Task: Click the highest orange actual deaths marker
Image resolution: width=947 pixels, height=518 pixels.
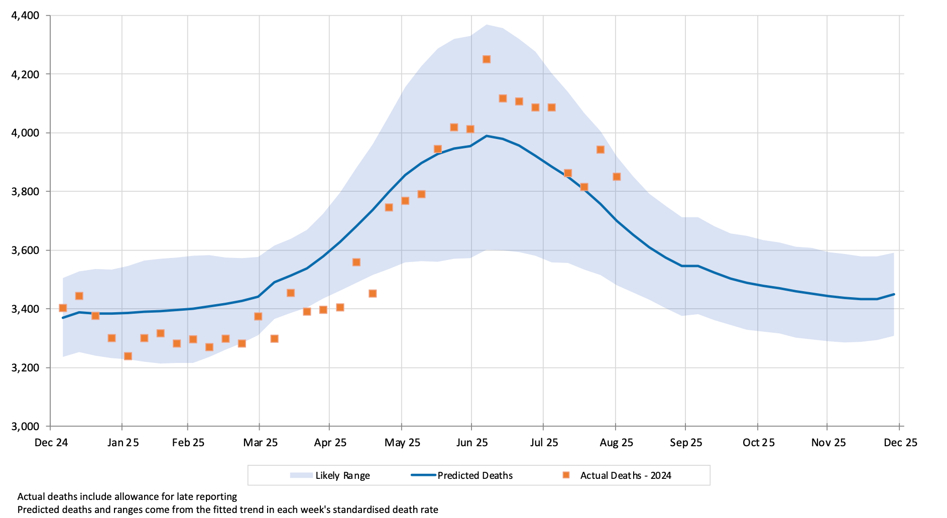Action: pos(486,59)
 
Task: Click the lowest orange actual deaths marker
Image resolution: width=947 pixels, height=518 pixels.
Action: pos(128,356)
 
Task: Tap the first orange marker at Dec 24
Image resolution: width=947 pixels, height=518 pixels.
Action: pos(63,308)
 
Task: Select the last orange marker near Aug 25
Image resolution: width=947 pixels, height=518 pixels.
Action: pos(617,177)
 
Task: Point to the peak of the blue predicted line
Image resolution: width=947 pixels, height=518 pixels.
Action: pos(486,136)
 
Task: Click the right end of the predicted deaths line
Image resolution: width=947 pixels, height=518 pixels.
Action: pos(894,294)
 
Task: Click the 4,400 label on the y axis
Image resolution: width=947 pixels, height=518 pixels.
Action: pos(25,16)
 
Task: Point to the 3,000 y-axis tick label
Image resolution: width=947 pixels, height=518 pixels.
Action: pos(25,427)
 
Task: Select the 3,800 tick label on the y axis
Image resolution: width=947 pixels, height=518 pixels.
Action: pos(25,192)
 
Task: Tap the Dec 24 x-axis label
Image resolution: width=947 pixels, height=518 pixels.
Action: pos(51,443)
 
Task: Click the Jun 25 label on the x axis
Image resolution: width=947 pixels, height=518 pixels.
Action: pos(472,443)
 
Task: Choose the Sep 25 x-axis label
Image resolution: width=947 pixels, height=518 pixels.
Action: pos(686,443)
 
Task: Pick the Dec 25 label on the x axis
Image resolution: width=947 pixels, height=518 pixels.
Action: pos(900,443)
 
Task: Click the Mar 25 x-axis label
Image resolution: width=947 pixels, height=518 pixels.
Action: pos(260,443)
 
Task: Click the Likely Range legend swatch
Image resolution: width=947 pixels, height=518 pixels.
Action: pos(301,475)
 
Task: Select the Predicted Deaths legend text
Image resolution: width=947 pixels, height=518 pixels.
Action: pos(475,475)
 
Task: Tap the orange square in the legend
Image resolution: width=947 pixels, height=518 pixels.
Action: pos(566,475)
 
